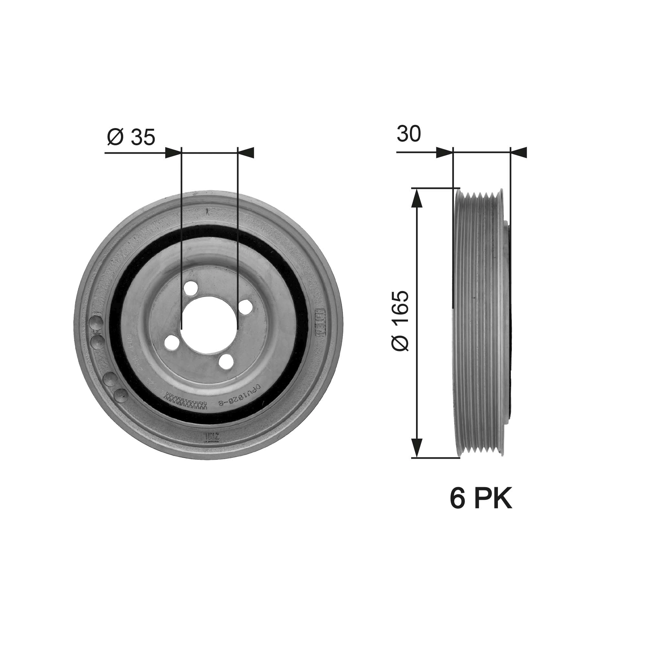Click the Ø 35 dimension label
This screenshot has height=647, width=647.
(131, 137)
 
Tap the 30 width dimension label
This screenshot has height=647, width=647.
(409, 134)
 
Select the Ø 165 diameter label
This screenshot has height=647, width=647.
(400, 321)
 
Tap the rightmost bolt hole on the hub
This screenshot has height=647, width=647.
(246, 306)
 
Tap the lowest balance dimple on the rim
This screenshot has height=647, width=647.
(121, 395)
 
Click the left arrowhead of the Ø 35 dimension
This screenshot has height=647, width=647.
(173, 153)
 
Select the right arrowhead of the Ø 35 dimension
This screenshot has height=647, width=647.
(246, 153)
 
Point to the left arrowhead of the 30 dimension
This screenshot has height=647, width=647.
(444, 153)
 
